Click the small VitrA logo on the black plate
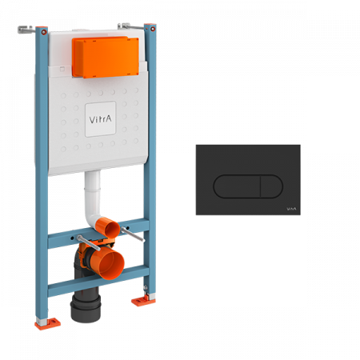(291, 209)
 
